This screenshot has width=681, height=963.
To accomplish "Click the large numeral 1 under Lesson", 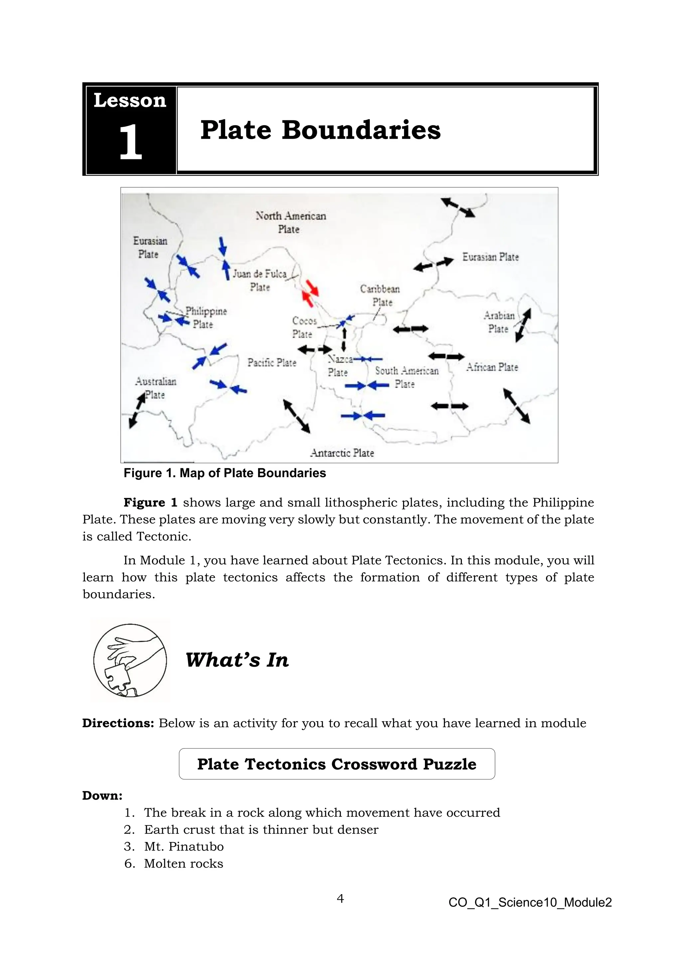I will [x=130, y=143].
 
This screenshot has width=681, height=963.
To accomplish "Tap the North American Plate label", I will [x=290, y=222].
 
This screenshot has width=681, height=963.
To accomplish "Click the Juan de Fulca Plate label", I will [x=260, y=280].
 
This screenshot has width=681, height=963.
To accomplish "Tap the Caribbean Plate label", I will [x=380, y=295].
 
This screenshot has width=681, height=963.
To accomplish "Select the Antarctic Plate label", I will [x=342, y=453].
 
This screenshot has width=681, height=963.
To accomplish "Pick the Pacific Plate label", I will [x=272, y=362].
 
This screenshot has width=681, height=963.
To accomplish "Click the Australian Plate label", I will [x=155, y=387].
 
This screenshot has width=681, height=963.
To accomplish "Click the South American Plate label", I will [x=406, y=377].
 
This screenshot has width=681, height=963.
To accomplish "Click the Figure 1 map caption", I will [x=225, y=473].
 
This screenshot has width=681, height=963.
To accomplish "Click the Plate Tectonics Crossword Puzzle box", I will [x=337, y=764].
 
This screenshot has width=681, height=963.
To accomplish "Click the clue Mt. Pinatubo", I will [x=184, y=846].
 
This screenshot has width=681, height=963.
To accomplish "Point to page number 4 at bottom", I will [x=340, y=898].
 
